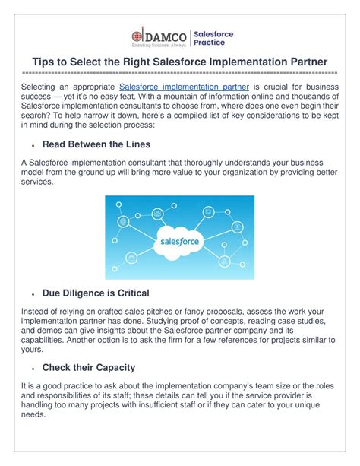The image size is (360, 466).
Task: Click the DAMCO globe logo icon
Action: click(x=137, y=36)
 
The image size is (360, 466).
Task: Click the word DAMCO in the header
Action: click(x=166, y=37)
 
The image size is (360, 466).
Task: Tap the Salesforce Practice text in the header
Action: click(x=213, y=38)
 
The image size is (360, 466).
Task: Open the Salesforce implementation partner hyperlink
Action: click(x=184, y=87)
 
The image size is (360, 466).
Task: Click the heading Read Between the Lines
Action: click(x=96, y=144)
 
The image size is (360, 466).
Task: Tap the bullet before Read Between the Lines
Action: click(x=33, y=146)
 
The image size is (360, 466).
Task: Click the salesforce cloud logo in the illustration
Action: click(x=179, y=243)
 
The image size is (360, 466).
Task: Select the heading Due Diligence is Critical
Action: click(x=96, y=293)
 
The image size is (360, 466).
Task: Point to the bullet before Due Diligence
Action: click(x=33, y=294)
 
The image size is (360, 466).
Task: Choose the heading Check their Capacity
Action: click(x=89, y=368)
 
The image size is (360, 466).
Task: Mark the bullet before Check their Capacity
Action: click(x=33, y=369)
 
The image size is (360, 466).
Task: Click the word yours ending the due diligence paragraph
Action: click(x=32, y=350)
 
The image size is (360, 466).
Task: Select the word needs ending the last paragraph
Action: click(x=33, y=414)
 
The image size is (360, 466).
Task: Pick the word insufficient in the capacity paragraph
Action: click(x=157, y=404)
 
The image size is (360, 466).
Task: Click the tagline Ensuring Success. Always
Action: click(x=159, y=45)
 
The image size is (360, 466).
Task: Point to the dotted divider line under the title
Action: click(x=180, y=73)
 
